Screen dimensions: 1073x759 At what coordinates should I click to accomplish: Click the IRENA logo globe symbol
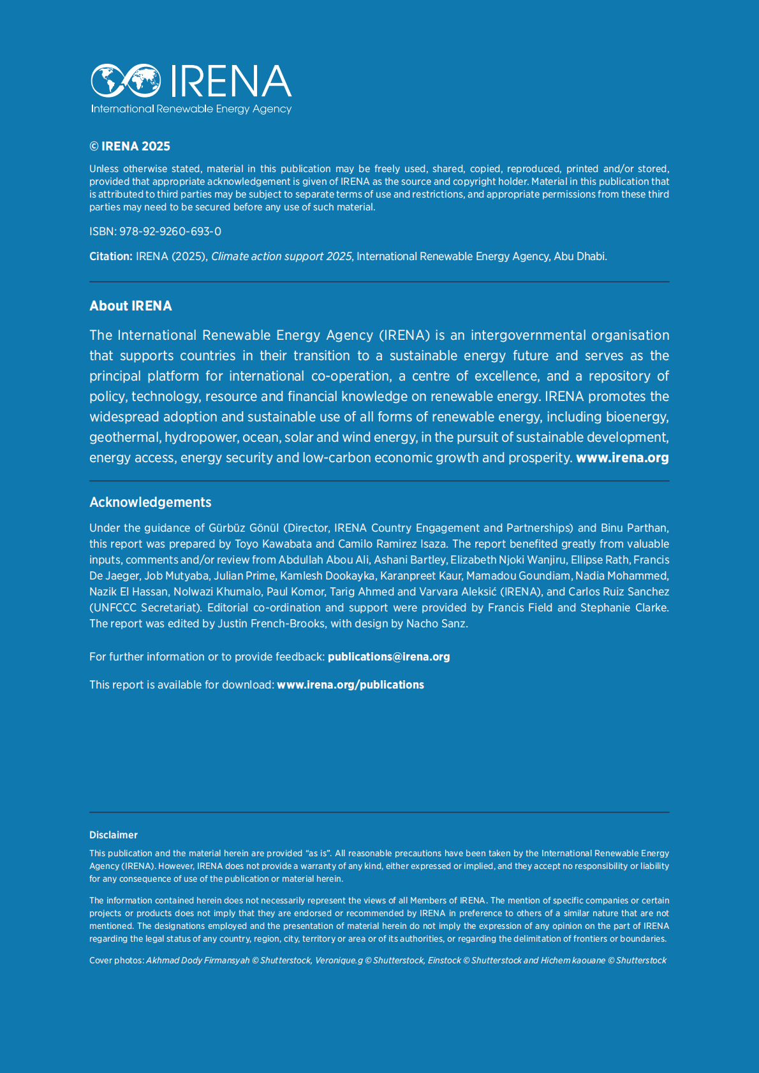[x=126, y=80]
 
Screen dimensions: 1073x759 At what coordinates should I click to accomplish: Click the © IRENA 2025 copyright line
[x=129, y=146]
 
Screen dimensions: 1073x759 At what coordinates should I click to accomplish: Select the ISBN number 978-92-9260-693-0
[x=170, y=231]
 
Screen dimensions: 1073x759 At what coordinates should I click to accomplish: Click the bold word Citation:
[x=111, y=256]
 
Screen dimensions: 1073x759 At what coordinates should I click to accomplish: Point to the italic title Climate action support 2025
[x=281, y=256]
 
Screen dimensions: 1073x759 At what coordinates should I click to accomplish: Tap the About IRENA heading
[x=131, y=306]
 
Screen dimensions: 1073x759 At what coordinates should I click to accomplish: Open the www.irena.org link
[x=622, y=458]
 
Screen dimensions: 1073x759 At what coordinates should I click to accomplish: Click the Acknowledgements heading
[x=150, y=502]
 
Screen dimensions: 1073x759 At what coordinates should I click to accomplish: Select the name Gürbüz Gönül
[x=244, y=528]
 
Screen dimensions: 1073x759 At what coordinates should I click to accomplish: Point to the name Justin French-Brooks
[x=271, y=624]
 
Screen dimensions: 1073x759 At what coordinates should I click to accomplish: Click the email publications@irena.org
[x=388, y=657]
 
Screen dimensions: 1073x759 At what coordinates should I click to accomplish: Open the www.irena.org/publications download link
[x=350, y=685]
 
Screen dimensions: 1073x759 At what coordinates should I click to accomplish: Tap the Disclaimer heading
[x=114, y=835]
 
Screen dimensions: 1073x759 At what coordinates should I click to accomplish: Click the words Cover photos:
[x=117, y=960]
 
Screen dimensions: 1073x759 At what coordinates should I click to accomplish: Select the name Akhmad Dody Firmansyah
[x=198, y=960]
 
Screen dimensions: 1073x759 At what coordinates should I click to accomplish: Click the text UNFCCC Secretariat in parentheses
[x=145, y=608]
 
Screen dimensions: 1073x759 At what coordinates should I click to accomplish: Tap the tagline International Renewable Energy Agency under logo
[x=191, y=109]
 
